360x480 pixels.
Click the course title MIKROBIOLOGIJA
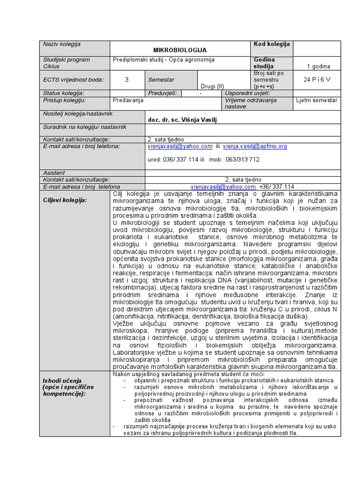point(180,50)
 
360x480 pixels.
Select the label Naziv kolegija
point(62,45)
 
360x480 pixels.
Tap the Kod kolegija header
point(271,45)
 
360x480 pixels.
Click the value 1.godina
point(318,67)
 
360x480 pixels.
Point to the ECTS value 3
point(127,80)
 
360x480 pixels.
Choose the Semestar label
point(161,80)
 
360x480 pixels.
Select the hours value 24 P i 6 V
point(317,80)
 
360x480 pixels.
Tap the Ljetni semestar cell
point(316,100)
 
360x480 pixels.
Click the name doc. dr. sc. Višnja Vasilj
point(182,120)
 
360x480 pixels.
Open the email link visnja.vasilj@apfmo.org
point(255,146)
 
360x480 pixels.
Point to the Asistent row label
point(54,173)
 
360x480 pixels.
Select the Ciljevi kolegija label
point(65,200)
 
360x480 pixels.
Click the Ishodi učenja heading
point(62,380)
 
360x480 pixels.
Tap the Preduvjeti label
point(162,93)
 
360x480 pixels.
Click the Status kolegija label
point(63,93)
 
